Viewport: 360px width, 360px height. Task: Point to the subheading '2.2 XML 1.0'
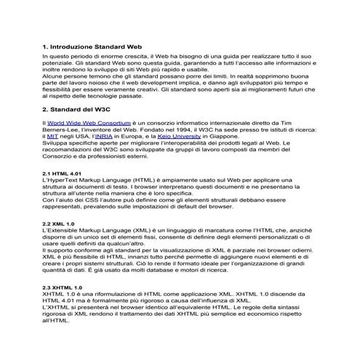(59, 223)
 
